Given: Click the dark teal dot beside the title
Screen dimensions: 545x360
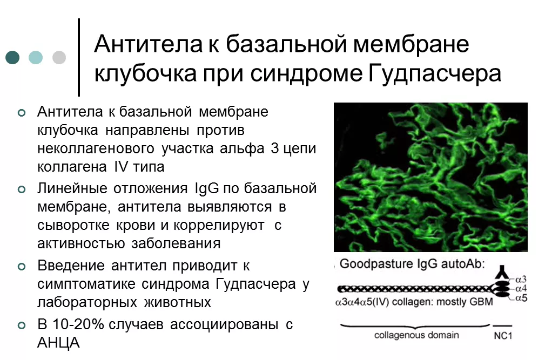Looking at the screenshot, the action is coord(12,58).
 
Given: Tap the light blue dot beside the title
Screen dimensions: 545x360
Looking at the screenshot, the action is coord(36,58).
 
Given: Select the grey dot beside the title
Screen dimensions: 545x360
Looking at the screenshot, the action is coord(59,58).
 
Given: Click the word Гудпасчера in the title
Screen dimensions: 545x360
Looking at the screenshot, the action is coord(434,74).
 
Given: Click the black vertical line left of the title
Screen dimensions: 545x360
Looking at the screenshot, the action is coord(79,57).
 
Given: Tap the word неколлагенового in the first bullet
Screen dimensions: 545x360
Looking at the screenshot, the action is coord(96,148).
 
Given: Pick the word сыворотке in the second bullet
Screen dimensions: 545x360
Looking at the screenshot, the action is coord(73,225).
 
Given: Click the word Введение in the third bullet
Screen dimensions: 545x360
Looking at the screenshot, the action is coord(71,266).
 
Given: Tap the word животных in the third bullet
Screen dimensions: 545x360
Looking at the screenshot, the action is coord(178,302).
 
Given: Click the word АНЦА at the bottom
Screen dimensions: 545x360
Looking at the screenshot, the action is coord(58,343).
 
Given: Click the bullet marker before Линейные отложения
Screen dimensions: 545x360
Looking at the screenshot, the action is coord(22,189).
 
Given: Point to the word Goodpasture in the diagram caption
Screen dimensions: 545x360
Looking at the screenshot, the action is coord(374,264).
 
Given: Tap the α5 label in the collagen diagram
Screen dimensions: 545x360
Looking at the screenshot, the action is coord(521,298).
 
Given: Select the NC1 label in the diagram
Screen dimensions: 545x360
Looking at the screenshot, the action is coord(503,336).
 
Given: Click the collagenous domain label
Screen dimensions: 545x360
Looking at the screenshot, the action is coord(416,335).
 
